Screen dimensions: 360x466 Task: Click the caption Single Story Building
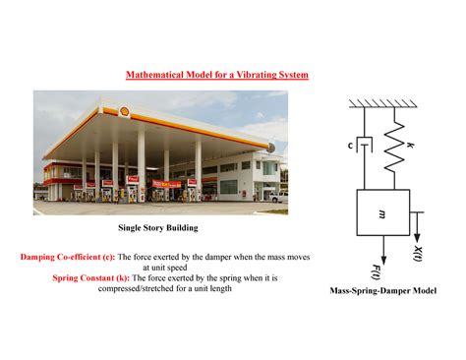pyautogui.click(x=158, y=227)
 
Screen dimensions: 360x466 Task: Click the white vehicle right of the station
pyautogui.click(x=278, y=196)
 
